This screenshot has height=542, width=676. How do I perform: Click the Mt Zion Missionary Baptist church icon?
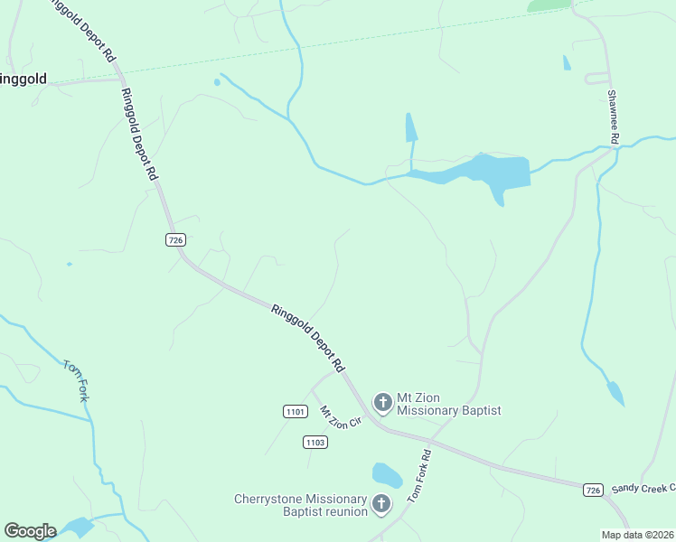point(382,402)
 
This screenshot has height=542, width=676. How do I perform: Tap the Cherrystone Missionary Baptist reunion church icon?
point(381,503)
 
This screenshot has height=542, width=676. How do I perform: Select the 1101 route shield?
point(295,412)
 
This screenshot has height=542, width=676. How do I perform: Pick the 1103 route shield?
point(315,442)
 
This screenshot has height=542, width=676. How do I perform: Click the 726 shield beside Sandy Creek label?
point(592,490)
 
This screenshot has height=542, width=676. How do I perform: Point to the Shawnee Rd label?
point(613,117)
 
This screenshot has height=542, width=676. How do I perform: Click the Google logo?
point(30,531)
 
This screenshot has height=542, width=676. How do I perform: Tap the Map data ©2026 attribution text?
point(637,535)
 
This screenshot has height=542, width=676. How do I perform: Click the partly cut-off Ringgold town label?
point(23,79)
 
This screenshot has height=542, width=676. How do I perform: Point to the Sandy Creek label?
point(643,488)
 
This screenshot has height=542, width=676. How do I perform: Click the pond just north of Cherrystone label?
point(387,474)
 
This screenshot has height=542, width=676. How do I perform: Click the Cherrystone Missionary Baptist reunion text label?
point(301,505)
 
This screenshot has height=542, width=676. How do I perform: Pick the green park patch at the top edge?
point(549,5)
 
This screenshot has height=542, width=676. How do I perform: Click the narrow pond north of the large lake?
point(411,127)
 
